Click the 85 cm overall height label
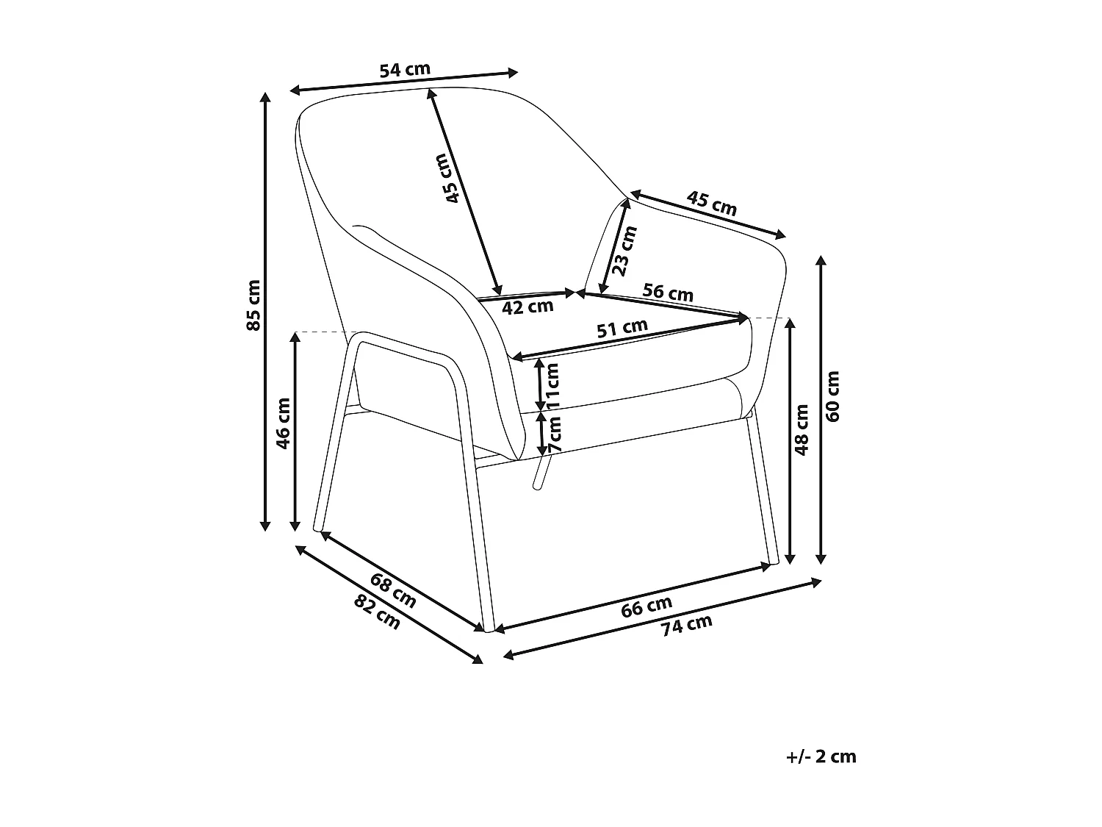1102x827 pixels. (x=254, y=305)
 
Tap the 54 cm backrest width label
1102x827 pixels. (x=405, y=70)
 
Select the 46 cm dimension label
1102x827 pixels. (x=283, y=423)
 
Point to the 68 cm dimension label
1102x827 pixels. (x=393, y=590)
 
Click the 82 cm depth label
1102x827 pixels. (x=377, y=612)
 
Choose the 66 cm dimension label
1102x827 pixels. (x=646, y=606)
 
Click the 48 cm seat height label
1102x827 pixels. (x=802, y=430)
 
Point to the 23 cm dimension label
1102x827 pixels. (x=624, y=251)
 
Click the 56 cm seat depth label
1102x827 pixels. (x=668, y=293)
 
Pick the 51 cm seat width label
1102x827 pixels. (x=622, y=328)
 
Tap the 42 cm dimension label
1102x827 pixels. (x=527, y=307)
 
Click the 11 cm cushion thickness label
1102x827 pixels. (x=552, y=385)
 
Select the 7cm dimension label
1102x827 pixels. (x=554, y=434)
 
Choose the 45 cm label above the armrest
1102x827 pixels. (x=711, y=203)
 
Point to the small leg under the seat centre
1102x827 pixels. (x=540, y=472)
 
